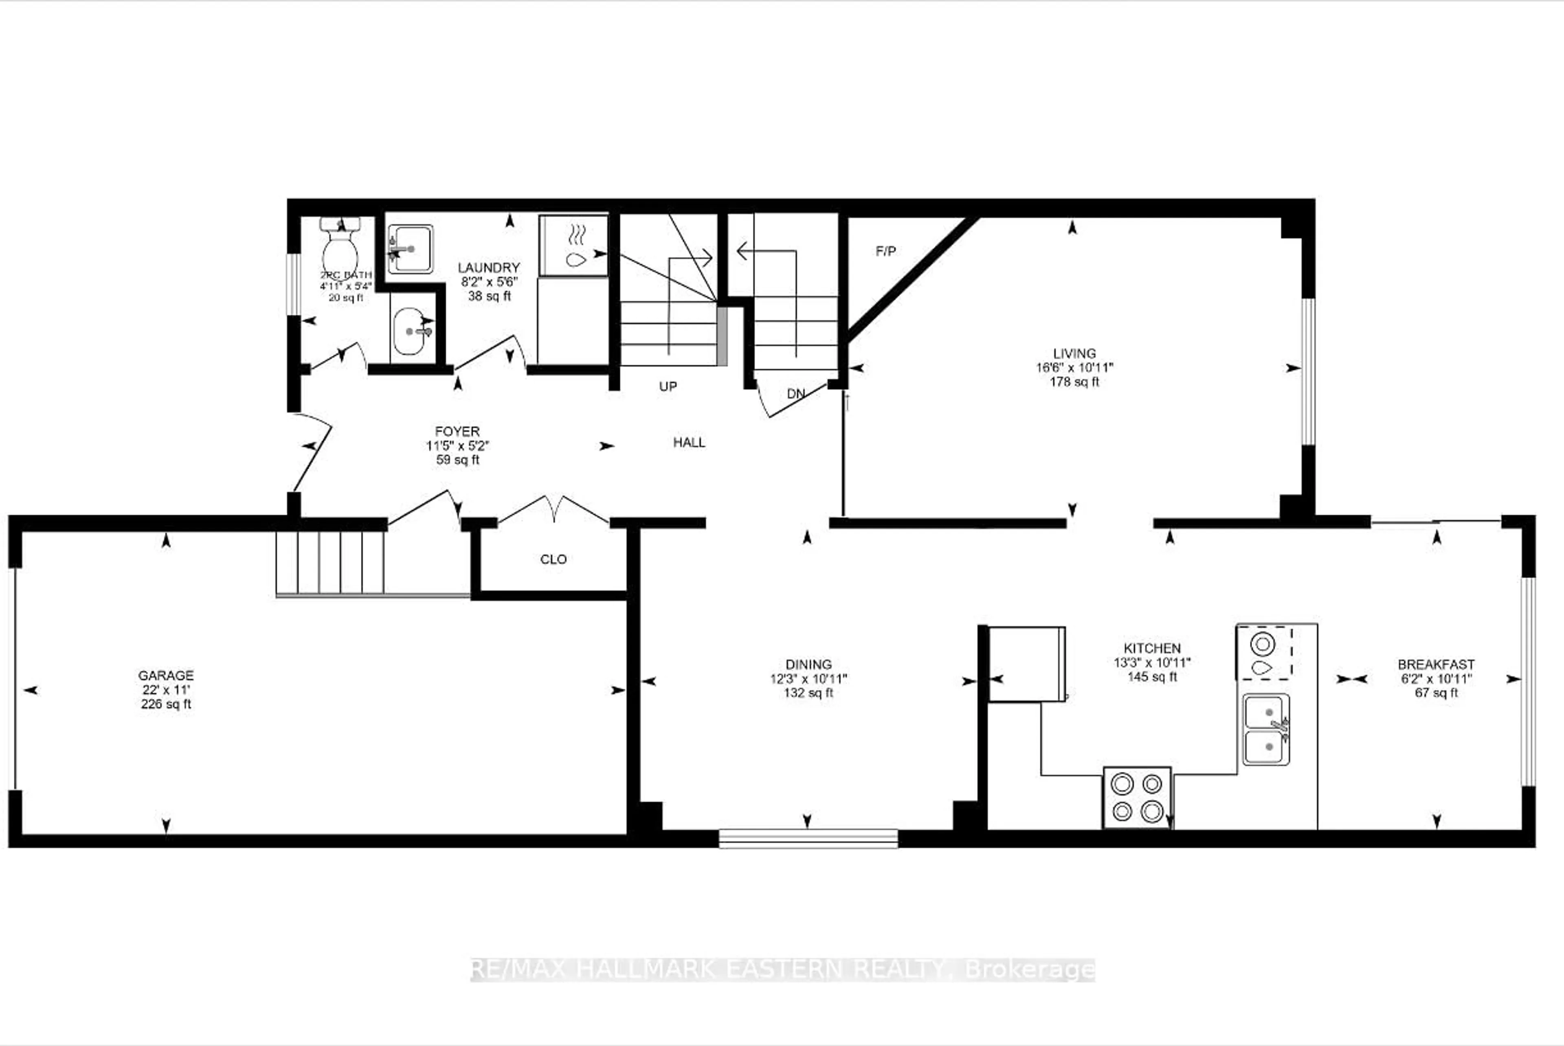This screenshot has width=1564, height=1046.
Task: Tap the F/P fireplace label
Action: [885, 252]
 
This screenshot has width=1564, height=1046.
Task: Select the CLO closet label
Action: [553, 559]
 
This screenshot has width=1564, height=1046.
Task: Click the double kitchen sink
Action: [1266, 729]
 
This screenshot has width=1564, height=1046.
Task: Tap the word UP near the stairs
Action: [668, 387]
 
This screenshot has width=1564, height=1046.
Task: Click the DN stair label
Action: [795, 394]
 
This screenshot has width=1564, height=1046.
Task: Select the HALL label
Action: [689, 442]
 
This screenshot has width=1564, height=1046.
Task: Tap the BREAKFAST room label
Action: [1436, 664]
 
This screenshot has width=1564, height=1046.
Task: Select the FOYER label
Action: [457, 432]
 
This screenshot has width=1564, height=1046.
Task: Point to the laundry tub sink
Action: [410, 249]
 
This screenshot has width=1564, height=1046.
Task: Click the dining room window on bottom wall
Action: [808, 838]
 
